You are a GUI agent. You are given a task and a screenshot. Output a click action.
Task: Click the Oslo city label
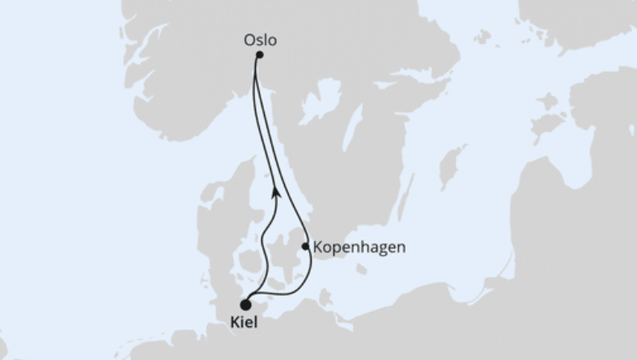click(260, 38)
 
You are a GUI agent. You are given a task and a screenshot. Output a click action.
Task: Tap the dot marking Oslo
click(259, 55)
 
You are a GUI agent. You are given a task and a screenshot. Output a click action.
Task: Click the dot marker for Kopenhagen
click(304, 247)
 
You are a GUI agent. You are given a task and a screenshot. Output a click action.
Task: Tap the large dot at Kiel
click(244, 305)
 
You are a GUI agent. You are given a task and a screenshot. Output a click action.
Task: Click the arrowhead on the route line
click(277, 191)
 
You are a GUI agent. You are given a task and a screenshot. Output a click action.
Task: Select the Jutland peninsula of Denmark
click(217, 227)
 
